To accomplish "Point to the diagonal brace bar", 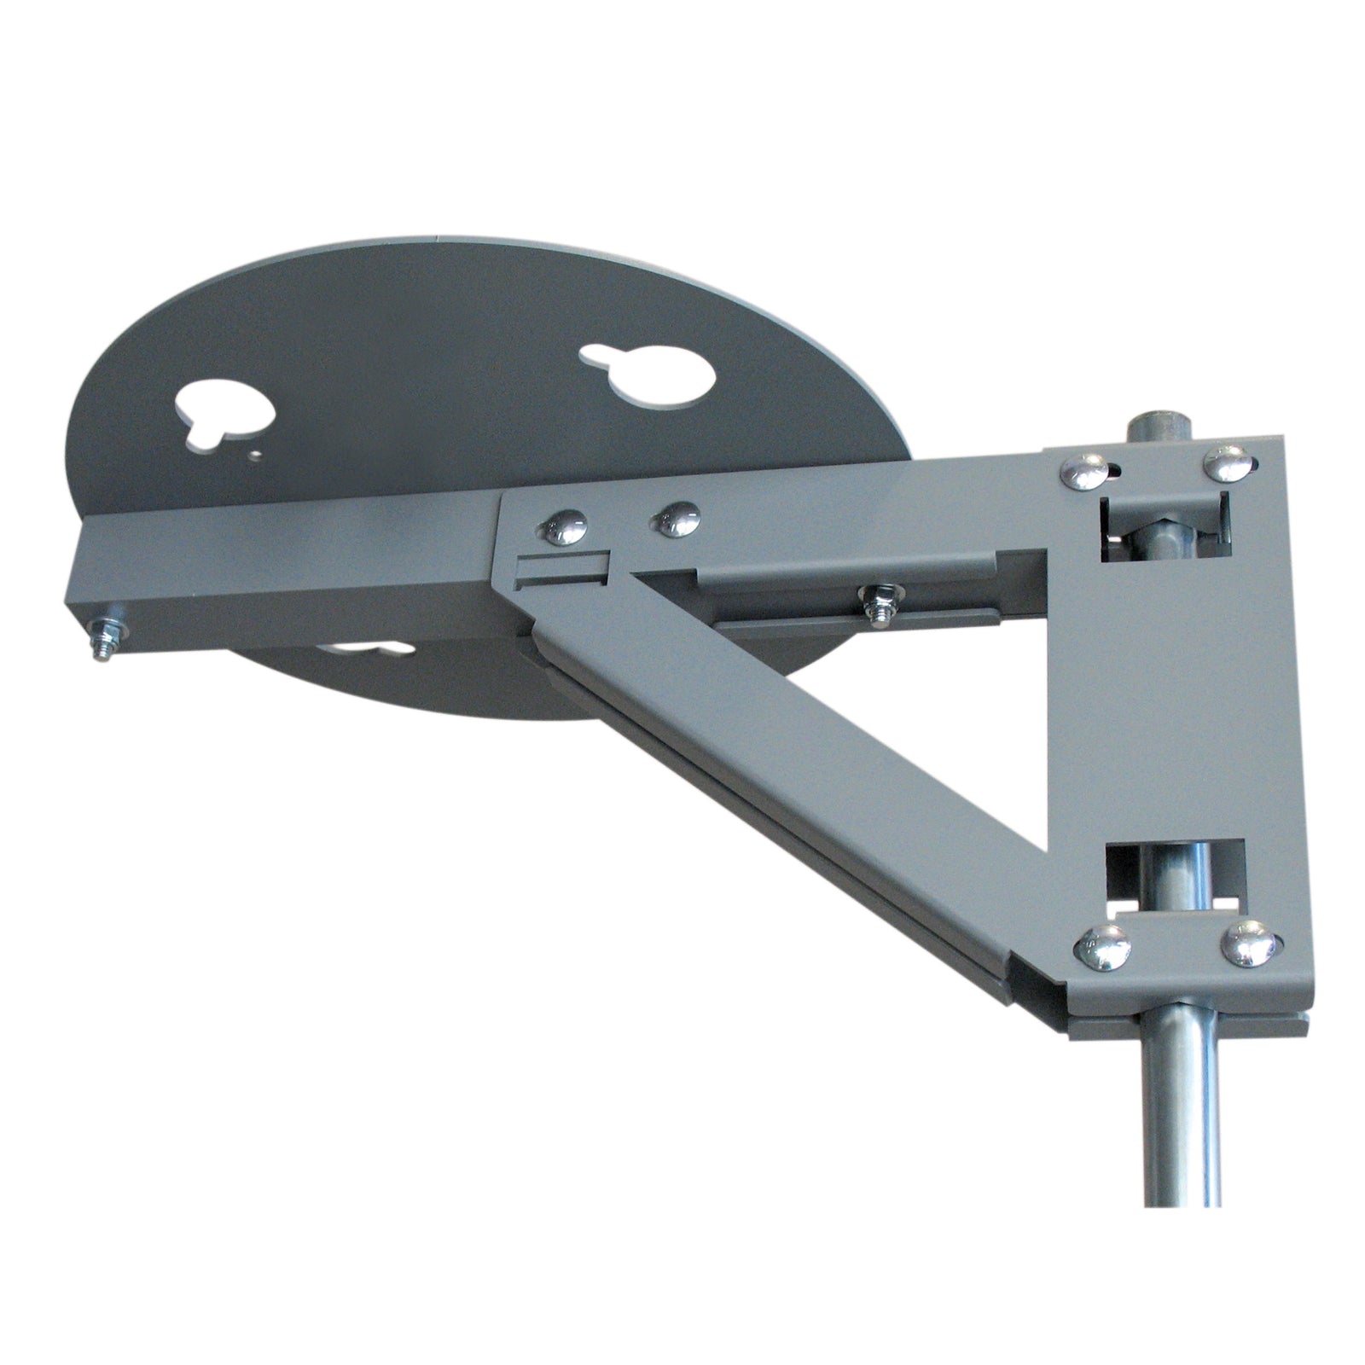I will tap(793, 768).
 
